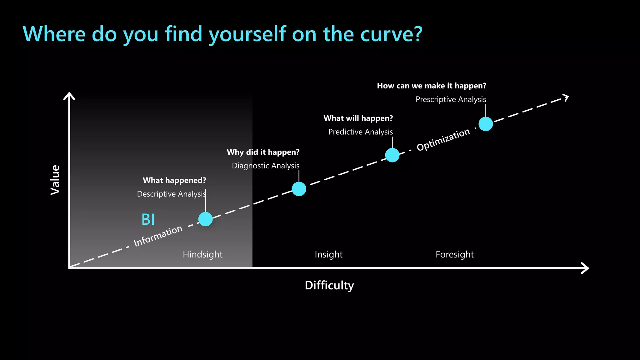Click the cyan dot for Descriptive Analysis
pyautogui.click(x=205, y=219)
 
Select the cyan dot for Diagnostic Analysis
pyautogui.click(x=299, y=189)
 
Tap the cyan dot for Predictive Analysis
pyautogui.click(x=392, y=155)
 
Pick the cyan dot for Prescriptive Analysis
pyautogui.click(x=486, y=124)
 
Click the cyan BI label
pyautogui.click(x=148, y=219)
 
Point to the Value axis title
pyautogui.click(x=55, y=180)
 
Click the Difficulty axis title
pyautogui.click(x=329, y=285)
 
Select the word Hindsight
pyautogui.click(x=202, y=254)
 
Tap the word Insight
pyautogui.click(x=328, y=254)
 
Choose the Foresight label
pyautogui.click(x=454, y=254)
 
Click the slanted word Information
pyautogui.click(x=158, y=236)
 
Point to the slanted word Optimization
pyautogui.click(x=443, y=140)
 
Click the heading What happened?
pyautogui.click(x=174, y=180)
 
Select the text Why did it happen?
pyautogui.click(x=263, y=152)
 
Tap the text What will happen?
pyautogui.click(x=358, y=118)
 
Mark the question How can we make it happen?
pyautogui.click(x=431, y=86)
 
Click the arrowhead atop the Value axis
pyautogui.click(x=69, y=96)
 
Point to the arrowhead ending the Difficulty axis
pyautogui.click(x=586, y=268)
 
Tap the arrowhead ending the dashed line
pyautogui.click(x=566, y=97)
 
